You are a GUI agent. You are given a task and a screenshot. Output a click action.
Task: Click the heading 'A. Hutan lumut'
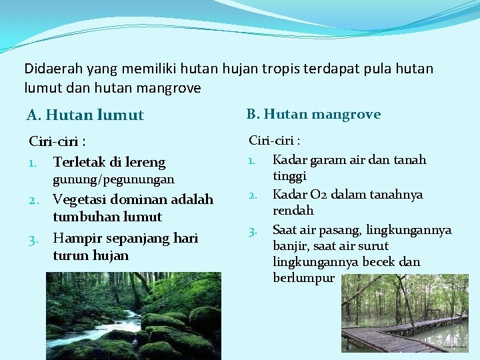85,115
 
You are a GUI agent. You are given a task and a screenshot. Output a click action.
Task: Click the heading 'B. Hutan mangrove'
313,114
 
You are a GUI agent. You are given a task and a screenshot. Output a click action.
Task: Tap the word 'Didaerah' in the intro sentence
49,68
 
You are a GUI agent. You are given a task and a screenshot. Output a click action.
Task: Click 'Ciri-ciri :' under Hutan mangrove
274,141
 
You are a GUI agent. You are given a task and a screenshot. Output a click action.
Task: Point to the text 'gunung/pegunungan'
113,179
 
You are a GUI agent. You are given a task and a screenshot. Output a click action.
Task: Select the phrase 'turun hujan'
91,255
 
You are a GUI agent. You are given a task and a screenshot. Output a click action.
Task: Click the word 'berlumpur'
303,278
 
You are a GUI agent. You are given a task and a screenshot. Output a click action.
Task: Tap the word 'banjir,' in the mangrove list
292,245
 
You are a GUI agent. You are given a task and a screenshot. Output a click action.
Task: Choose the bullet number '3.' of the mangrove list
253,231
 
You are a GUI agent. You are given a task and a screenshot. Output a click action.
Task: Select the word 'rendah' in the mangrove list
293,211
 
